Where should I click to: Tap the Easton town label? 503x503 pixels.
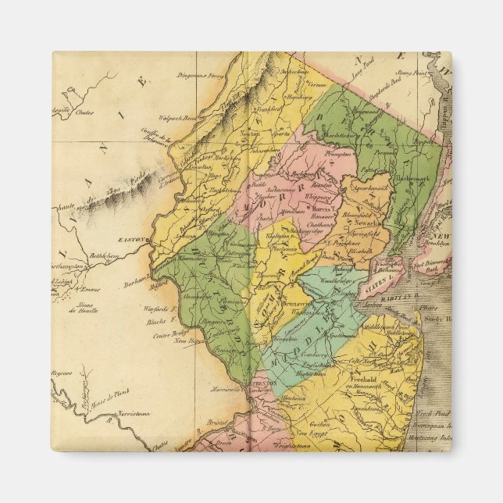coord(134,239)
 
